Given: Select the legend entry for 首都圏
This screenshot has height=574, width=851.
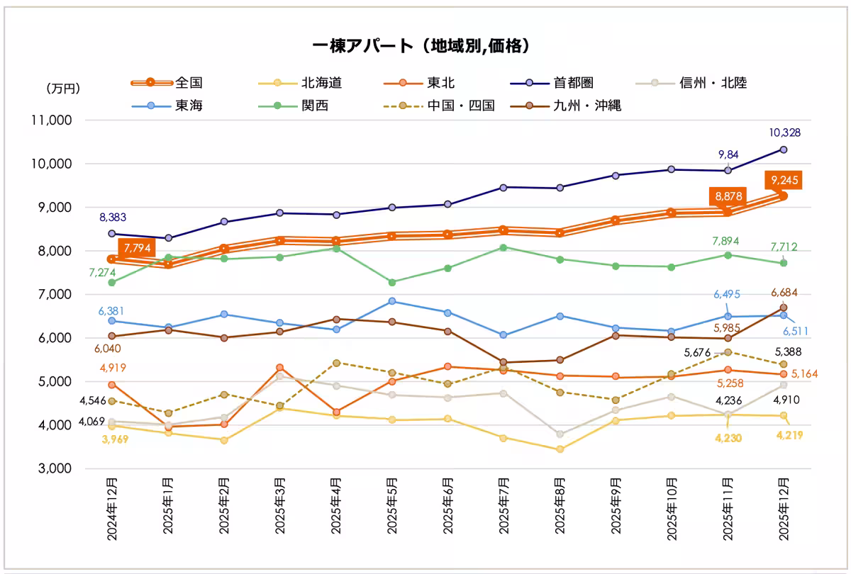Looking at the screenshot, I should pos(572,83).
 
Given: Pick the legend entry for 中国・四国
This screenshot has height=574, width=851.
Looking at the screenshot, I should pos(460,106).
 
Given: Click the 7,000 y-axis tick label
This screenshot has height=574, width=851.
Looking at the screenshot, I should pos(56,294).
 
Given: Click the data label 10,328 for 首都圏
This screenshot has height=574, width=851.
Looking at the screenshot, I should pos(784,133).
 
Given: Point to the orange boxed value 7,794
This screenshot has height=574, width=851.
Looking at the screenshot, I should pos(137,249).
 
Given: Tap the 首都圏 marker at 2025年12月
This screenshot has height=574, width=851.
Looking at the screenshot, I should pos(784,150).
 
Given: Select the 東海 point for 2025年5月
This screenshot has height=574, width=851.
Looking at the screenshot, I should pos(391,301).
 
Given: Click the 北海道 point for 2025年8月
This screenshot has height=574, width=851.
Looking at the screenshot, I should pos(560,449).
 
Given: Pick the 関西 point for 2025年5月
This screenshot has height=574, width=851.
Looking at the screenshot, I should pos(391,282).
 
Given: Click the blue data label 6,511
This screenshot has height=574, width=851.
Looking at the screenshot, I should pos(795,331).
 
